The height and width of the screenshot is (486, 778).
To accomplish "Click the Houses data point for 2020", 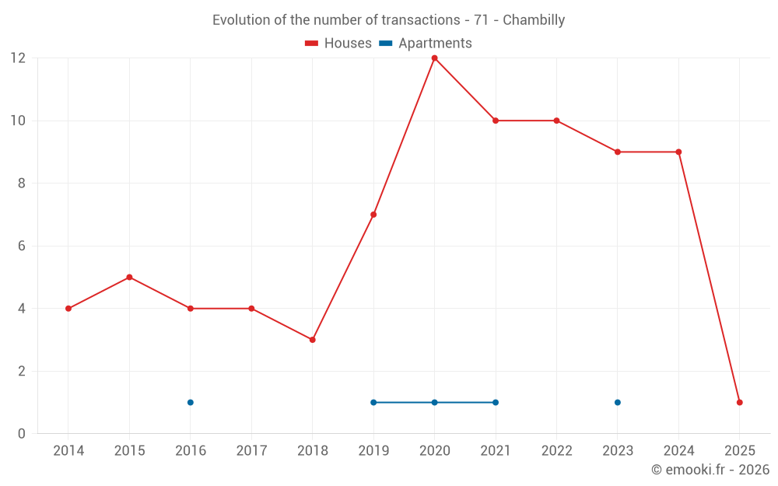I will (x=434, y=58).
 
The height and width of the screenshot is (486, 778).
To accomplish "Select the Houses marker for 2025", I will (x=739, y=402).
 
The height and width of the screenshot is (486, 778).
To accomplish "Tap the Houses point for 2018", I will (x=312, y=340).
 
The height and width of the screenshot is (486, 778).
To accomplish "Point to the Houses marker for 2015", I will (x=129, y=277).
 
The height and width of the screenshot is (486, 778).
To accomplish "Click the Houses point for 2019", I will (x=373, y=215).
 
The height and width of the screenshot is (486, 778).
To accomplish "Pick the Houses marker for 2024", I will (x=678, y=152).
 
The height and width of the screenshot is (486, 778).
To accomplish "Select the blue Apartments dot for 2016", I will (x=190, y=402).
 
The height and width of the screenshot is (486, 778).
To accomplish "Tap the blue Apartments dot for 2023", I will (x=618, y=402).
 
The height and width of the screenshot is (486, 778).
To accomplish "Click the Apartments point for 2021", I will (x=496, y=402).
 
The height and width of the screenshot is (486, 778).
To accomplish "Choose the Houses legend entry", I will (x=338, y=44).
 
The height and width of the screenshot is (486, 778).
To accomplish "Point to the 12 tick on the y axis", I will (x=17, y=58).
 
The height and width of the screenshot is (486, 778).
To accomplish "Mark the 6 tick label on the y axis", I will (x=22, y=246).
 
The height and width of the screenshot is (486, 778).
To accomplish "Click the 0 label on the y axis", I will (x=22, y=433).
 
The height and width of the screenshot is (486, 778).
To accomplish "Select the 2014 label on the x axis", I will (x=68, y=451).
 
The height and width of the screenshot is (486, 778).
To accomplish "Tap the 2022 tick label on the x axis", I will (x=556, y=451).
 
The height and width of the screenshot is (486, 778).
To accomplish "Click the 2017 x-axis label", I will (x=251, y=451).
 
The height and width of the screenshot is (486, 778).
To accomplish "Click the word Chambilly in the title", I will (x=534, y=19).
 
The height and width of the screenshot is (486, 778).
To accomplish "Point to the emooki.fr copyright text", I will (x=710, y=470).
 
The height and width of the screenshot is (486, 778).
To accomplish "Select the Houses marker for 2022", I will (x=556, y=121).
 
